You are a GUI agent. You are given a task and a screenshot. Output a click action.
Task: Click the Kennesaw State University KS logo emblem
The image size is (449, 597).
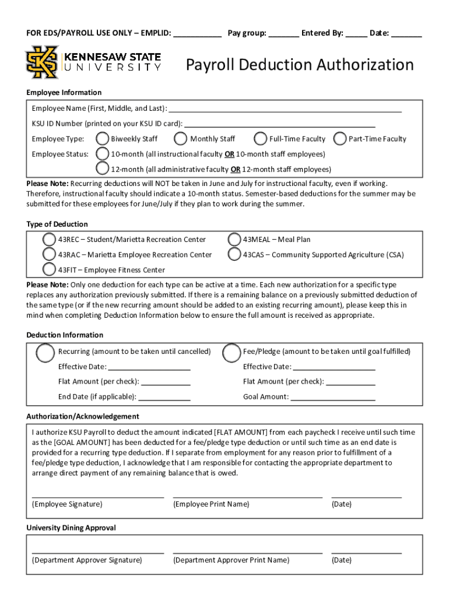41,62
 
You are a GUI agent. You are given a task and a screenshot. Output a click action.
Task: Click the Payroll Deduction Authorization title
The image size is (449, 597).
300,65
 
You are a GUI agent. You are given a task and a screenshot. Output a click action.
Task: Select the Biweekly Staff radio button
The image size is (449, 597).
103,139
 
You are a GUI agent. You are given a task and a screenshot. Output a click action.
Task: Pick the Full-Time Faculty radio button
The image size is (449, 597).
261,139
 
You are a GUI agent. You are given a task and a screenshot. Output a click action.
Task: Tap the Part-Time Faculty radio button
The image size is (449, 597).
340,139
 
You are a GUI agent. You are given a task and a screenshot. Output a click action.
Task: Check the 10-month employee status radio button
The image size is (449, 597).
103,154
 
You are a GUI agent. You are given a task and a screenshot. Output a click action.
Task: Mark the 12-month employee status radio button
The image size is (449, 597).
103,169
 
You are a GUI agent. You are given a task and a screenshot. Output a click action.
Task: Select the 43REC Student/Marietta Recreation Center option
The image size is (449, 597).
50,240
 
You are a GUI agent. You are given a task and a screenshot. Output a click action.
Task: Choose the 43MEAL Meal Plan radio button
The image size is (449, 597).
234,240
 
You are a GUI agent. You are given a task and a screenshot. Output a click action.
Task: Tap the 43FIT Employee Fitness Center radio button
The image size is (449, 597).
50,269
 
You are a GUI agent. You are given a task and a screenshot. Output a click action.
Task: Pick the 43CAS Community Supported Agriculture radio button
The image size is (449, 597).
234,254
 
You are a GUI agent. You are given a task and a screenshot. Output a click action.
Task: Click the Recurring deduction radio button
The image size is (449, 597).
45,353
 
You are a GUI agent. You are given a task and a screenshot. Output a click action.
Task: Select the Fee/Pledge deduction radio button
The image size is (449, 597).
233,353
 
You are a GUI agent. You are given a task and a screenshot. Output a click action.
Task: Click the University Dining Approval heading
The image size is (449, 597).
71,528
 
